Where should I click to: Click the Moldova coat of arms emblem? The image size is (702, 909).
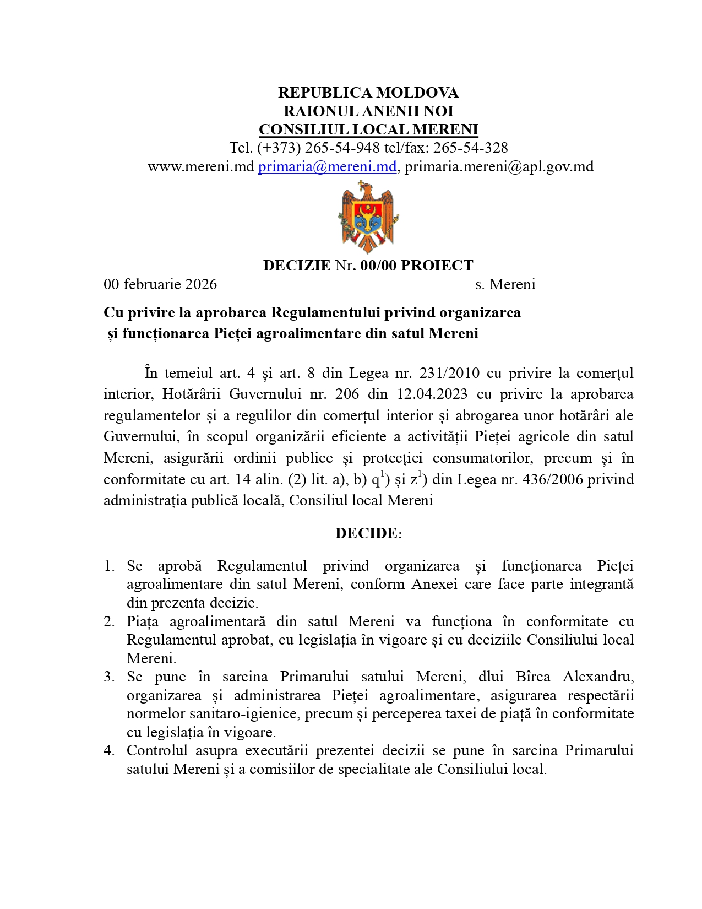(368, 217)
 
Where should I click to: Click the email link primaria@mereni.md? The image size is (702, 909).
(327, 166)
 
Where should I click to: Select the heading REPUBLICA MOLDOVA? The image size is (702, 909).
(368, 93)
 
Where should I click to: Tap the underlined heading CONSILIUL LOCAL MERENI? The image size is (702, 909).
(368, 129)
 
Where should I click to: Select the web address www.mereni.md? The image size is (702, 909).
(200, 166)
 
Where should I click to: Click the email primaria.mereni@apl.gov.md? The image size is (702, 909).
(499, 166)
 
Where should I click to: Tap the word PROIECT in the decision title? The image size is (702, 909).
(437, 266)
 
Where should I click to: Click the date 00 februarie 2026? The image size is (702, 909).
(160, 284)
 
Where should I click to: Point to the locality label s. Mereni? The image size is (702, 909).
(505, 284)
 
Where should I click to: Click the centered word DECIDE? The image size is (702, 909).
(366, 533)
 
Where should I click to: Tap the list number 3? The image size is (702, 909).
(108, 677)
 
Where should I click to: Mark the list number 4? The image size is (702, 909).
(108, 751)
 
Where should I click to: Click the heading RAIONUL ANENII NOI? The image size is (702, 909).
(368, 111)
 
